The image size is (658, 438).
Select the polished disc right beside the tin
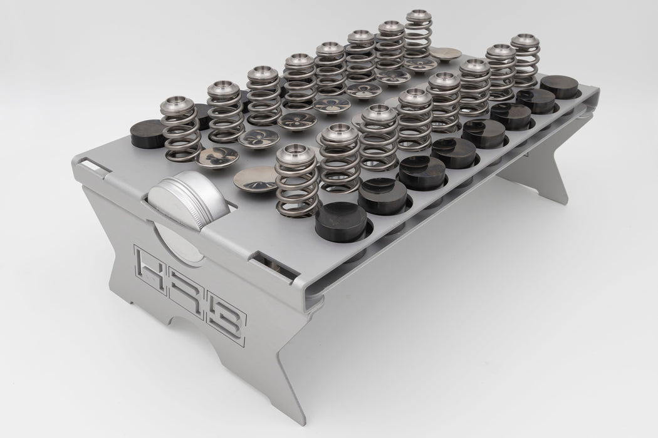tap(255, 180)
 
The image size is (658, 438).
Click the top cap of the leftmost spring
tap(178, 104)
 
